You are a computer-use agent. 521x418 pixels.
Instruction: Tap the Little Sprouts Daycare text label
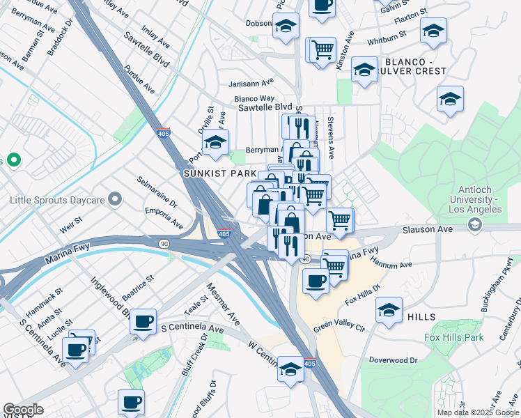coord(57,201)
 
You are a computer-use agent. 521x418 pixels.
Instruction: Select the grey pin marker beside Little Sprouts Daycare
coord(116,201)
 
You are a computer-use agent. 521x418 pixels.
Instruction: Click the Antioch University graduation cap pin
coord(474,224)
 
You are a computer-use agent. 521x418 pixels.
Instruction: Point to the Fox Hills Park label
coord(454,338)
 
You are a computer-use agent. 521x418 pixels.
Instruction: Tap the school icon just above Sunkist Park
coord(216,143)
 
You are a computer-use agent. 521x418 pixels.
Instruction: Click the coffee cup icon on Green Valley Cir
coord(316,281)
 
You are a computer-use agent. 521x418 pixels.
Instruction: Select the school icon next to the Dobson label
coord(286,26)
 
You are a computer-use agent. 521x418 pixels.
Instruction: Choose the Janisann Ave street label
coord(252,83)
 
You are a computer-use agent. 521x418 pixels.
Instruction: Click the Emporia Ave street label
coord(164,217)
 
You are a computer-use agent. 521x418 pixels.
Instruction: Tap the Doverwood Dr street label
coord(393,360)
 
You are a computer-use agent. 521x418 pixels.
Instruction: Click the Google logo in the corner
coord(23,410)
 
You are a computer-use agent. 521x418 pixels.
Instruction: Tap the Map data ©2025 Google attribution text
coord(477,412)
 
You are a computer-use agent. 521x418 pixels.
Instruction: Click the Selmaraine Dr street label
coord(157,193)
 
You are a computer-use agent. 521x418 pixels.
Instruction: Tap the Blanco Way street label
coord(254,99)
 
